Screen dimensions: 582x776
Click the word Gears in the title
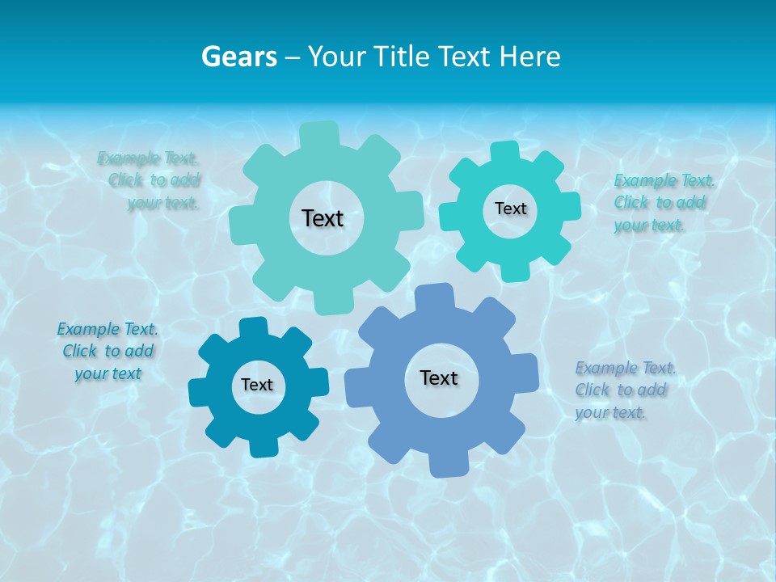(x=238, y=57)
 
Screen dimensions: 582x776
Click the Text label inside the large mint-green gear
(x=323, y=218)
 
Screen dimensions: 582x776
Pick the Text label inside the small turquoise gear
(x=510, y=209)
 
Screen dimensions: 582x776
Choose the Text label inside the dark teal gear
(x=257, y=385)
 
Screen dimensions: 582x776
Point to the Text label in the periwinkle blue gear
(x=439, y=377)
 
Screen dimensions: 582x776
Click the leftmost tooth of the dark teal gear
(x=199, y=392)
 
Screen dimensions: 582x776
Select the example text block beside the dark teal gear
(x=108, y=352)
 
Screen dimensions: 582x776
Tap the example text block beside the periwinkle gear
(x=625, y=390)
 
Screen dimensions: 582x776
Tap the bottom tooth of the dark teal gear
(x=263, y=447)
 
